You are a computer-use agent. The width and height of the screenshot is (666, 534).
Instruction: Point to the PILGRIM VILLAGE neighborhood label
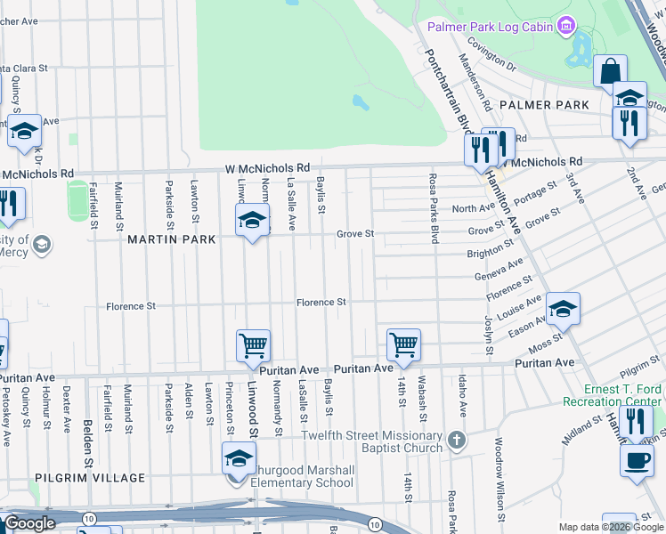tap(90, 478)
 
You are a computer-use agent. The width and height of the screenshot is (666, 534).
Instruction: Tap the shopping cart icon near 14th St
tap(404, 344)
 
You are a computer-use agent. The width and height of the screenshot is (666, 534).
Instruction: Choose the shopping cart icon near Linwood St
tap(253, 345)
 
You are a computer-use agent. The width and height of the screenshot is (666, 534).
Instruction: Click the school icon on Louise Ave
tap(563, 308)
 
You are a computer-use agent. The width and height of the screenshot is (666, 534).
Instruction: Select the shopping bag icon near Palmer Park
tap(611, 70)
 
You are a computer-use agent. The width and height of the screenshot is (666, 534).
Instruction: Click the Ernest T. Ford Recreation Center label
tap(625, 395)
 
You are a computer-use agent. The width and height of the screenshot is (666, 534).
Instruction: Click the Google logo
tap(29, 523)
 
